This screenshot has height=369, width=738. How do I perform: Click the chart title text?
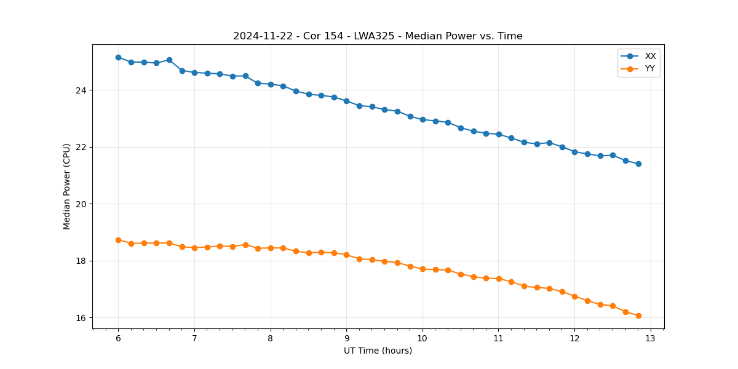pyautogui.click(x=378, y=36)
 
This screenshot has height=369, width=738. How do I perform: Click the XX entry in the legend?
pyautogui.click(x=650, y=57)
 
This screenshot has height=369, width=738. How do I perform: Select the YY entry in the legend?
pyautogui.click(x=649, y=69)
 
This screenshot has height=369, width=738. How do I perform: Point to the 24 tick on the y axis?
pyautogui.click(x=82, y=90)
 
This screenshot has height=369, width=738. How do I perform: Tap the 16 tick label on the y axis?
pyautogui.click(x=82, y=318)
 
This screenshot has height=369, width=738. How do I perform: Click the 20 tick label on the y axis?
pyautogui.click(x=82, y=204)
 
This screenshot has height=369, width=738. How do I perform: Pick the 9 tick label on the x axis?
pyautogui.click(x=346, y=339)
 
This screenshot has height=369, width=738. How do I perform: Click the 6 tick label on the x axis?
pyautogui.click(x=118, y=339)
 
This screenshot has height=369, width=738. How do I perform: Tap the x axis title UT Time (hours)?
pyautogui.click(x=378, y=351)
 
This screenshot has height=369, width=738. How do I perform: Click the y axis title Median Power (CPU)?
pyautogui.click(x=67, y=186)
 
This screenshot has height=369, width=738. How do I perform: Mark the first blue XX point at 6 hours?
pyautogui.click(x=118, y=57)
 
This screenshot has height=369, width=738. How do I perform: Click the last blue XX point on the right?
pyautogui.click(x=638, y=164)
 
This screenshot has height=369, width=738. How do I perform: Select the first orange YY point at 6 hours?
pyautogui.click(x=118, y=240)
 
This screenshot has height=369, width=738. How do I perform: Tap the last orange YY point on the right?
pyautogui.click(x=638, y=315)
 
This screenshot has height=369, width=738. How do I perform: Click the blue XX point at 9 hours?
pyautogui.click(x=346, y=101)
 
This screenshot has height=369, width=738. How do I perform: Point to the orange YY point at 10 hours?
pyautogui.click(x=423, y=269)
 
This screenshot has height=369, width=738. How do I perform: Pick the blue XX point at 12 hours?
pyautogui.click(x=574, y=152)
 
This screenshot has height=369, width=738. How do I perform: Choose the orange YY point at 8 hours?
pyautogui.click(x=271, y=248)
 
